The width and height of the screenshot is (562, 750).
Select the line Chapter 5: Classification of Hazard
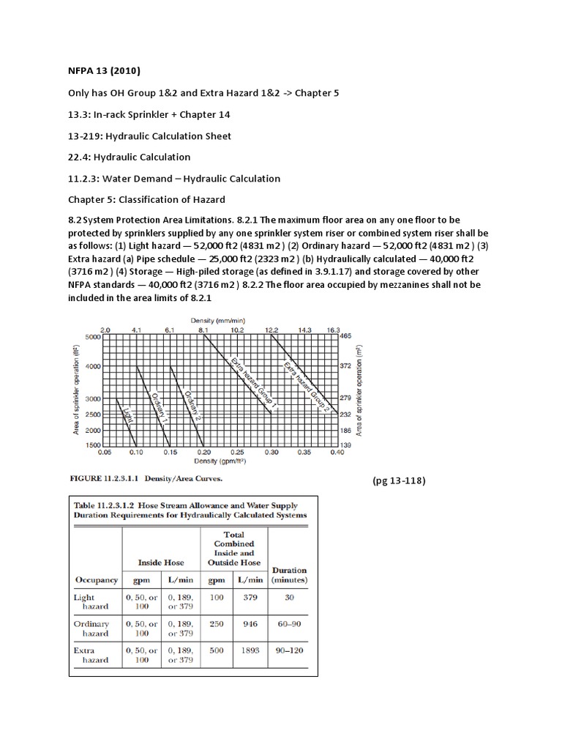click(147, 200)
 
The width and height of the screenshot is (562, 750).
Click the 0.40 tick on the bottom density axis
click(336, 453)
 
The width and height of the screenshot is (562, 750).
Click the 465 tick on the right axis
click(346, 337)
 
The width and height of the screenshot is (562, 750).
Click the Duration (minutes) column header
click(289, 574)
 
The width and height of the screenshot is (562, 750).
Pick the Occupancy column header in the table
click(96, 580)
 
